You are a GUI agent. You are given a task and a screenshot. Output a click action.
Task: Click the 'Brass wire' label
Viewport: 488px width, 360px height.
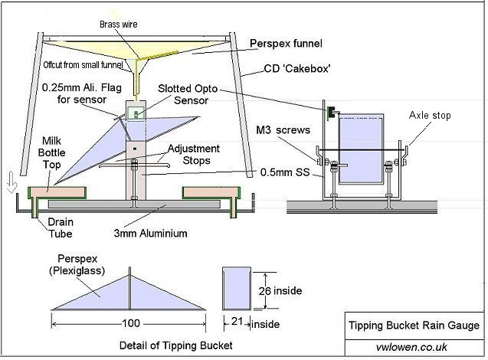pyautogui.click(x=119, y=25)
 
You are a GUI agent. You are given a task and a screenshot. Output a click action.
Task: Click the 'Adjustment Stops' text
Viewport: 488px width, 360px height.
pyautogui.click(x=195, y=154)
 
